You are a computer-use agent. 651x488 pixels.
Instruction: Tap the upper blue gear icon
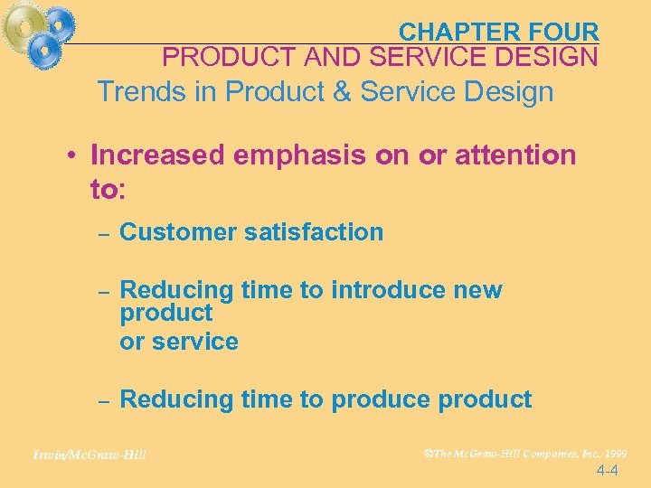[x=61, y=22]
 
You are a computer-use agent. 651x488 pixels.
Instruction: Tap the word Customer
[x=178, y=232]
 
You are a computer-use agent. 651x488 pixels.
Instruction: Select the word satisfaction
[x=314, y=232]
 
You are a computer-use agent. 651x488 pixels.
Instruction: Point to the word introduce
[x=389, y=290]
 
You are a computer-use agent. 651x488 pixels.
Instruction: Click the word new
[x=478, y=290]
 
